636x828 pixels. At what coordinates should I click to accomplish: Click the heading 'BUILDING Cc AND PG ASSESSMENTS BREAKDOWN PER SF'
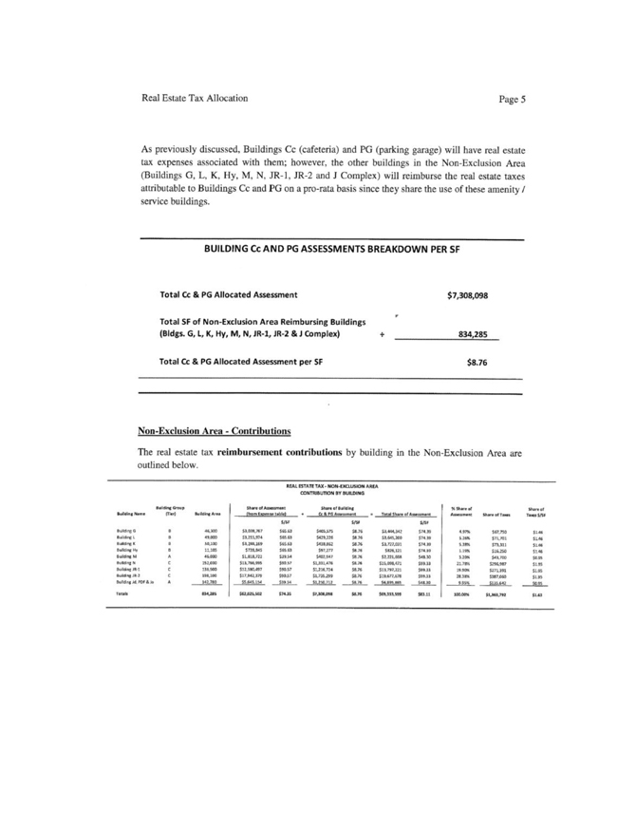pyautogui.click(x=332, y=249)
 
